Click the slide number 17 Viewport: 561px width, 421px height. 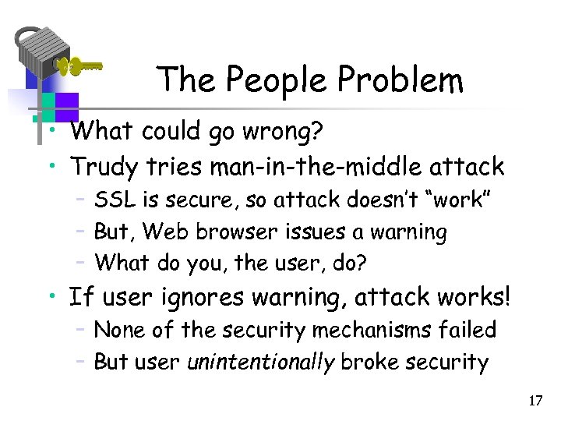tap(535, 401)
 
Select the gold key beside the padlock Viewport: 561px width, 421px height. tap(79, 66)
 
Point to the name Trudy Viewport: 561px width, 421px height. tap(101, 166)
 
